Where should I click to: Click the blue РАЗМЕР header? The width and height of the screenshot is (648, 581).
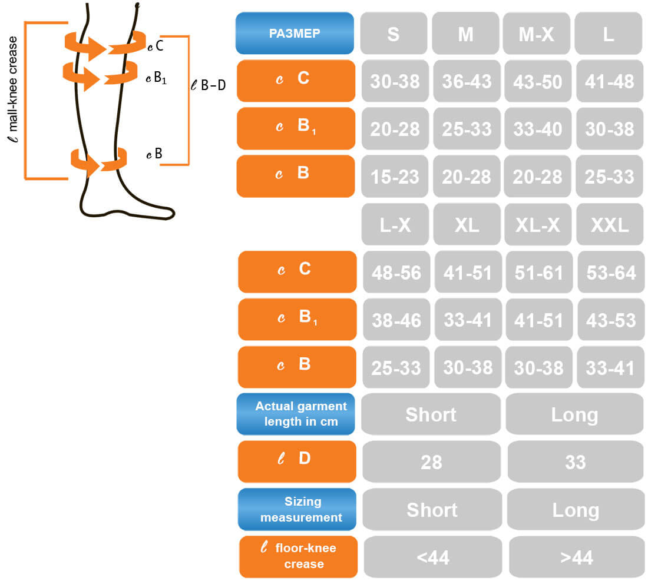pos(295,33)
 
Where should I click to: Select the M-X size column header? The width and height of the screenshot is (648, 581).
pos(537,33)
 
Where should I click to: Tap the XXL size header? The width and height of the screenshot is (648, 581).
pos(610,224)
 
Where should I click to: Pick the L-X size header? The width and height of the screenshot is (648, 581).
pos(395,224)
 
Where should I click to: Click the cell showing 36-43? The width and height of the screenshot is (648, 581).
pos(467,81)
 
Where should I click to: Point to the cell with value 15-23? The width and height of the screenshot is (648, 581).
pos(395,177)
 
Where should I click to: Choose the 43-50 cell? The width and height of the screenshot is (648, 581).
pos(538,81)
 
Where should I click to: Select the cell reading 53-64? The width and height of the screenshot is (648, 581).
pos(611,272)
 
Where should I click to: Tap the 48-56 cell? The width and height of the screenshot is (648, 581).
pos(396,272)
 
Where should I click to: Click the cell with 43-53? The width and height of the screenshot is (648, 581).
pos(611,320)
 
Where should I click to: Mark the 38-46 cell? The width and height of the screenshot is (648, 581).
pos(396,320)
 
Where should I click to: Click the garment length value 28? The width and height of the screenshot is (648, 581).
pos(431,462)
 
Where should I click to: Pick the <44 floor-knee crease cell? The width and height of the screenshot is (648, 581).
pos(433,557)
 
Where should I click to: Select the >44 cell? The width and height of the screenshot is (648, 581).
pos(577,557)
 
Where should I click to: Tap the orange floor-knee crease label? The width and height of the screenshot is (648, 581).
pos(299,557)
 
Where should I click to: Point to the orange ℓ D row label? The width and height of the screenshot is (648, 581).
pos(297,462)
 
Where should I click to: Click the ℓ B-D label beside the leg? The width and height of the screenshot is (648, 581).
pos(209,85)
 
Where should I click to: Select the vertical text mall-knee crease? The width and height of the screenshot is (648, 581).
pos(13,89)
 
